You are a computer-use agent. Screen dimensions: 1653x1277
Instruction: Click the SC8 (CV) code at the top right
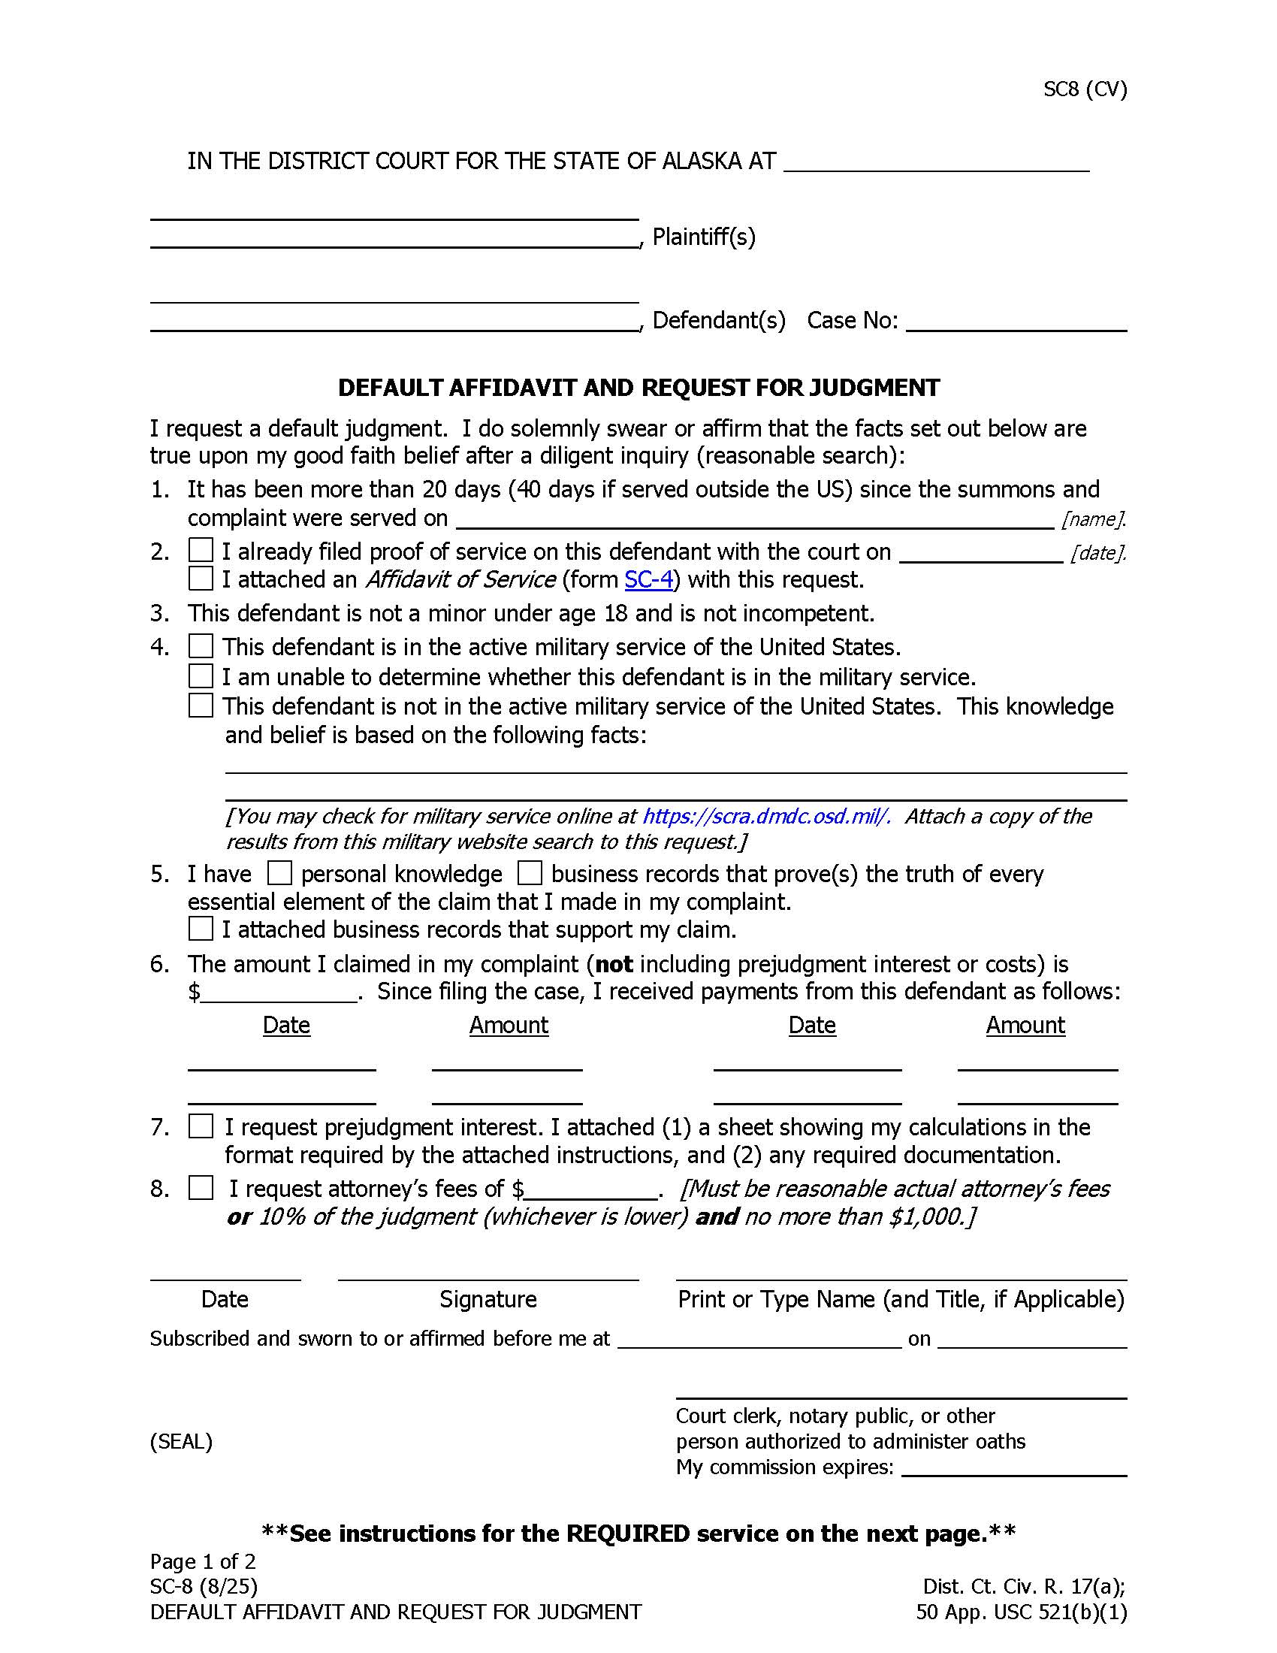coord(1084,89)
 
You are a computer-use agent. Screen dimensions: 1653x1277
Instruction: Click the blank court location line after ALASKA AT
coord(936,163)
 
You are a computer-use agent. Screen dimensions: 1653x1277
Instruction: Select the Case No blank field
coord(1016,321)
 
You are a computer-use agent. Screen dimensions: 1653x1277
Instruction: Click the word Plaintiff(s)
coord(704,237)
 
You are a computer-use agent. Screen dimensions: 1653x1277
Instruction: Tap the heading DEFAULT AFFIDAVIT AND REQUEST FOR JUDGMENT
coord(638,388)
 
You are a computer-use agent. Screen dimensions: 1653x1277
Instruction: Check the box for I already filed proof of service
coord(201,550)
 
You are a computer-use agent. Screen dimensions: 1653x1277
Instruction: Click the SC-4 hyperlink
coord(648,580)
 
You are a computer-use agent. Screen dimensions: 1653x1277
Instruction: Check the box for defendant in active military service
coord(201,646)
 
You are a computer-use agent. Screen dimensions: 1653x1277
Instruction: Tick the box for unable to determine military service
coord(201,675)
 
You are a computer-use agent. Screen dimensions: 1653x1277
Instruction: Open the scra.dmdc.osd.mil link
coord(765,816)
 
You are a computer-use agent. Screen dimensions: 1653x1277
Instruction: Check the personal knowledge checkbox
coord(280,873)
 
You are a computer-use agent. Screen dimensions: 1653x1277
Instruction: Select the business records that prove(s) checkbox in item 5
coord(530,873)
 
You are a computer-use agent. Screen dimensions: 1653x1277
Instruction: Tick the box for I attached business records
coord(201,928)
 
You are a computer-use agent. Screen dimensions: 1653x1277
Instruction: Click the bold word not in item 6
coord(614,964)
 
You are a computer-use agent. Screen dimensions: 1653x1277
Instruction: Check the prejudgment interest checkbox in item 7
coord(201,1126)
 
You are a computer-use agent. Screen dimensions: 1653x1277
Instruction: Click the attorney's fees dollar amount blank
coord(590,1189)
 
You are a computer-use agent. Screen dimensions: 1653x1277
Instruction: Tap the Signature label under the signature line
coord(488,1299)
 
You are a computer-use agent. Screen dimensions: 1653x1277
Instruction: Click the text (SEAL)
coord(181,1441)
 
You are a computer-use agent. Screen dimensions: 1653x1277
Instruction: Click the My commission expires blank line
coord(1014,1467)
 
